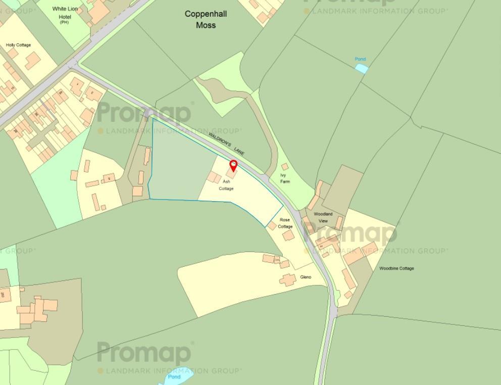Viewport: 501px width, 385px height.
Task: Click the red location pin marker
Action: [x=233, y=166]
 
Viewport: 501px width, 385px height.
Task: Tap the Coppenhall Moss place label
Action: [x=206, y=19]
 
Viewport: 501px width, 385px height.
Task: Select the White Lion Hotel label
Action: [x=65, y=15]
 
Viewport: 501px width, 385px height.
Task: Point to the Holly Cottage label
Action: [x=18, y=45]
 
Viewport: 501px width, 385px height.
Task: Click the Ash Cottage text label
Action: [x=226, y=185]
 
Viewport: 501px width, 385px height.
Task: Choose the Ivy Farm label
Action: [x=285, y=178]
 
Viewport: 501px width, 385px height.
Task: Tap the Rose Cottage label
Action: [x=285, y=223]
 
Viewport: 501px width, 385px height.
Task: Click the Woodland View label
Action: [x=323, y=217]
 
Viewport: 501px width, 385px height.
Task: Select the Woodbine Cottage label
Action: [x=396, y=268]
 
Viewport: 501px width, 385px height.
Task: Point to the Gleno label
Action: [x=306, y=277]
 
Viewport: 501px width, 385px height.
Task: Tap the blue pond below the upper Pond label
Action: [x=362, y=68]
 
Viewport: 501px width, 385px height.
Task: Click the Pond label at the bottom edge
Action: [x=174, y=377]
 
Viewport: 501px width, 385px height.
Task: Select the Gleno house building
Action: [x=288, y=279]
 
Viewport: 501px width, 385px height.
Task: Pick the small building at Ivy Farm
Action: [x=285, y=166]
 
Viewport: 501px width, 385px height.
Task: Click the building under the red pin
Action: [x=230, y=173]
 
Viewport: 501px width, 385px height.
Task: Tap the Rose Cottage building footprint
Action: [x=288, y=235]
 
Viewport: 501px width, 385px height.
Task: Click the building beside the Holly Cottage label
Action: [x=33, y=61]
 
